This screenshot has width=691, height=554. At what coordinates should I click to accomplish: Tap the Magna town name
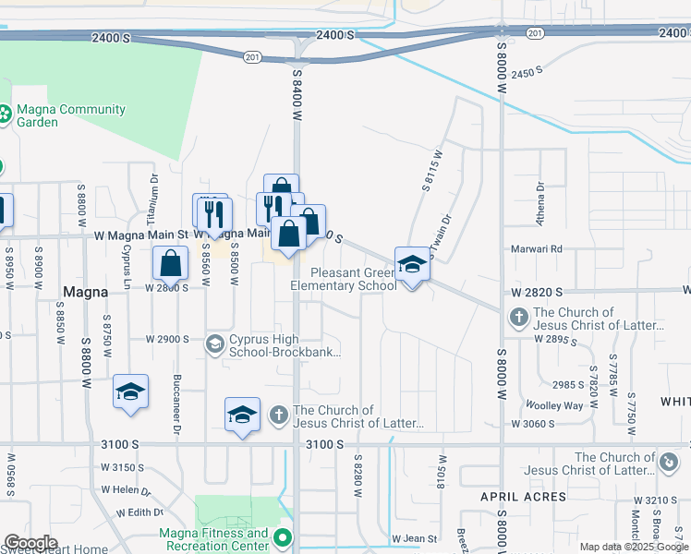86,291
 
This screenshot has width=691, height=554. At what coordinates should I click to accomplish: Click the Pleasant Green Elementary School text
344,279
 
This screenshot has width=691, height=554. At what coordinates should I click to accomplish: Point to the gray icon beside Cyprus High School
214,343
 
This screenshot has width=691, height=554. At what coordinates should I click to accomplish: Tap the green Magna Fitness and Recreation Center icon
285,537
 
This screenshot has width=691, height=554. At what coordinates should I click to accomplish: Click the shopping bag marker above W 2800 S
171,264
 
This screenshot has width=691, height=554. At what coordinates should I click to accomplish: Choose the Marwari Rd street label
538,249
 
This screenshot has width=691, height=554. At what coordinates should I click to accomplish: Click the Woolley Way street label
554,405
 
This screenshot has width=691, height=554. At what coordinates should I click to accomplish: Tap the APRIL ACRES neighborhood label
523,497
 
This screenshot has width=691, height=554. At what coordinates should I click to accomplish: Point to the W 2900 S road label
167,340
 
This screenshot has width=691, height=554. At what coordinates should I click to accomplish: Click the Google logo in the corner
30,543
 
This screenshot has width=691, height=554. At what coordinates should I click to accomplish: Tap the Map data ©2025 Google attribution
634,547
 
